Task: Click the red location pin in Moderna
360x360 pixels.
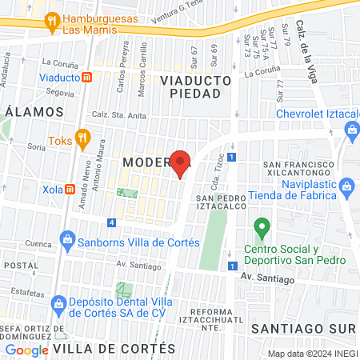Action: (181, 162)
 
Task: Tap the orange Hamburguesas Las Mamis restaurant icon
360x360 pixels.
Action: (52, 22)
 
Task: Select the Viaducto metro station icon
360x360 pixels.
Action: (86, 78)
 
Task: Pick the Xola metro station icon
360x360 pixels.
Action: (70, 190)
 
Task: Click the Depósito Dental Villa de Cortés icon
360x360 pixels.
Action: (57, 302)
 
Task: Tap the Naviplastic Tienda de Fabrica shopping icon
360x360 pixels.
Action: (346, 188)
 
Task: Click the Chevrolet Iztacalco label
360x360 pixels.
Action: (318, 114)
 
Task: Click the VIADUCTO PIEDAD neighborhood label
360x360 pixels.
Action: (195, 86)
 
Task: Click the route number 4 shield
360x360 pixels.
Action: (111, 222)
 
